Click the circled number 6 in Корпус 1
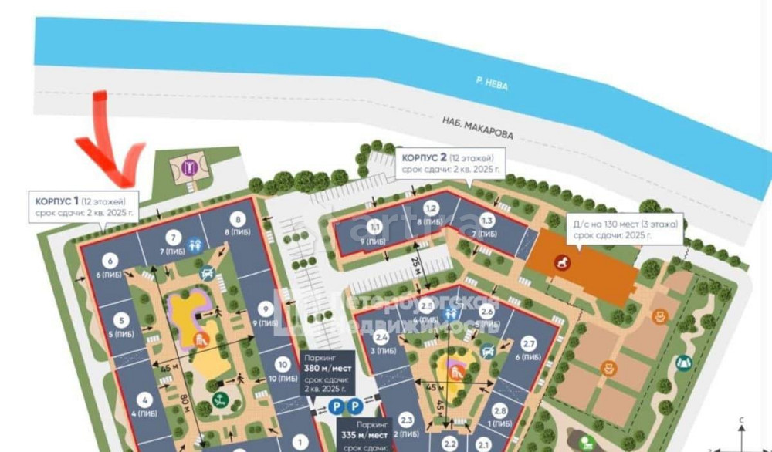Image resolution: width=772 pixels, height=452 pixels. tap(110, 261)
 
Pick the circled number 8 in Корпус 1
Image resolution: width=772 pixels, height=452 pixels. tap(237, 219)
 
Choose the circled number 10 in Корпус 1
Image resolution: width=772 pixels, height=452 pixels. tap(283, 366)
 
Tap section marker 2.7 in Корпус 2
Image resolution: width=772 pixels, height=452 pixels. tap(529, 344)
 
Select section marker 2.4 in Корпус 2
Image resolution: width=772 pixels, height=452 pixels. tap(381, 337)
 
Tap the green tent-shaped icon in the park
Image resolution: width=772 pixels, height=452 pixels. tap(682, 363)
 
